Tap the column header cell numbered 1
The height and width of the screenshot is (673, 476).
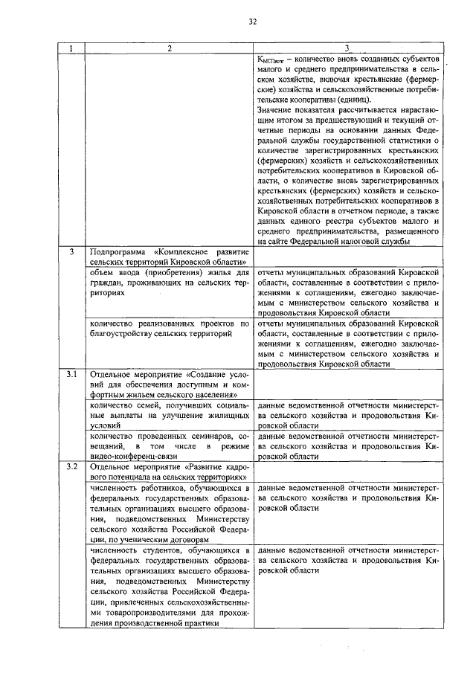click(x=71, y=48)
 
